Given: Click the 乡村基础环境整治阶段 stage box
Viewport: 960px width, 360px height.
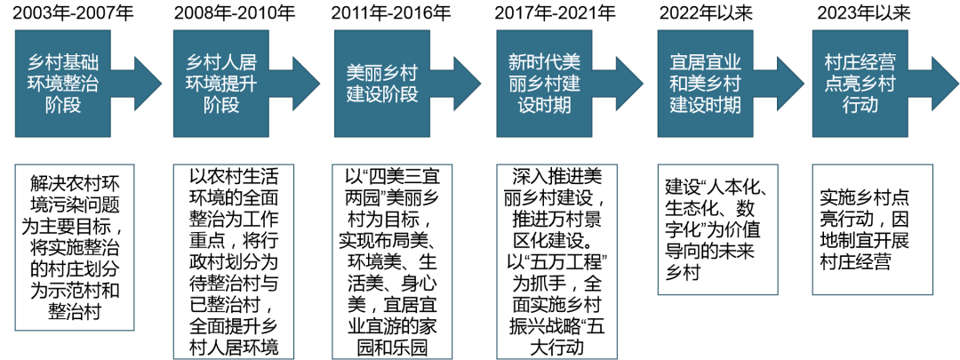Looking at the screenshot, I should tap(63, 84).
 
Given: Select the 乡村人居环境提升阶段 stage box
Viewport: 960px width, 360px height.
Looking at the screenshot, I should tap(220, 84).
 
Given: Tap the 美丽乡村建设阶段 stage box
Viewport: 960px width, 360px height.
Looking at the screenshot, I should tap(382, 84).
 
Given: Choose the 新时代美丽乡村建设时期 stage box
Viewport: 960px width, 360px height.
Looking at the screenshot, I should tap(544, 84).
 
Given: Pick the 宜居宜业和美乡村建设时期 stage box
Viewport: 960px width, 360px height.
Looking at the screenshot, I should tap(706, 84).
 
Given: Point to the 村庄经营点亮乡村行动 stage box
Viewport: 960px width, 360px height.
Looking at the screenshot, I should tap(860, 84).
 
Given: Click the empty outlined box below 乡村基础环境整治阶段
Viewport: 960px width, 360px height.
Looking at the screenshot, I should tap(75, 247).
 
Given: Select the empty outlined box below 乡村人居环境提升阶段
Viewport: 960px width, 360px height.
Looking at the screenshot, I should tap(233, 261).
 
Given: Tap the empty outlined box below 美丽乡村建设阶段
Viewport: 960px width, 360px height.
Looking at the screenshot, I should tap(392, 261).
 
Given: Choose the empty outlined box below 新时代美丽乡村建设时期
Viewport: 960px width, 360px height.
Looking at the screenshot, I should tap(556, 261).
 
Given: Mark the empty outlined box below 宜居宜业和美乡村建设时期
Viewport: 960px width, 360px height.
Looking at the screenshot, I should tap(717, 229).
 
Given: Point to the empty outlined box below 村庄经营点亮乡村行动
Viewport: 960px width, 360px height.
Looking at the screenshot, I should tap(873, 229).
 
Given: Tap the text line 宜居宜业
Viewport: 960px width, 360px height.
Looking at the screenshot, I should tap(706, 63).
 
